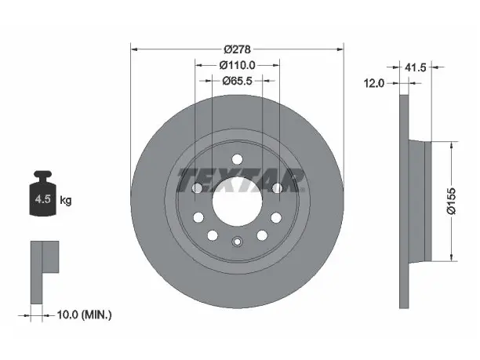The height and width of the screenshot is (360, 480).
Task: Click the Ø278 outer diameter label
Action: tap(237, 49)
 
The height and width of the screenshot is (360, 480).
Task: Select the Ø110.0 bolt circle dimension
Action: tap(237, 65)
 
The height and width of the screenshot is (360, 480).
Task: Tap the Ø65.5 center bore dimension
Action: tap(237, 81)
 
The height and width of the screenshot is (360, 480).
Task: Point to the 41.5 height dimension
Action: tap(415, 67)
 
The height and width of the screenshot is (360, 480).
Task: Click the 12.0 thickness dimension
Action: tap(373, 83)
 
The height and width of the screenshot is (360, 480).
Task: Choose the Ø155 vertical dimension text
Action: tap(451, 201)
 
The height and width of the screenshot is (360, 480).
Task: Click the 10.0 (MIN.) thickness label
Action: tap(84, 315)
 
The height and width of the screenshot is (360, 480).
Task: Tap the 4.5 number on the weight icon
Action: tap(42, 199)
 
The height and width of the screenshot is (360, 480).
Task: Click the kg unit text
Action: tap(66, 201)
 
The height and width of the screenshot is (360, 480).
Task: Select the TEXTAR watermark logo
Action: tap(241, 180)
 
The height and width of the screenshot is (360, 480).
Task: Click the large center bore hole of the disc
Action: tap(237, 202)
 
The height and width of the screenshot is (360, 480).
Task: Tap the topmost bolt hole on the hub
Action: tap(237, 159)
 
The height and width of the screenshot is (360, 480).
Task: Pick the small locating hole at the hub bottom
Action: tap(237, 242)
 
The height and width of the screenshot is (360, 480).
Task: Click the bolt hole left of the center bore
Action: tap(197, 187)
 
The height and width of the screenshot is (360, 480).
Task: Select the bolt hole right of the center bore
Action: tap(277, 187)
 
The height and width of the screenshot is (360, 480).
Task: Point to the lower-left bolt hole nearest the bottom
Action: tap(212, 235)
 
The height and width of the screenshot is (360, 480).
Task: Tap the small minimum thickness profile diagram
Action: tap(45, 272)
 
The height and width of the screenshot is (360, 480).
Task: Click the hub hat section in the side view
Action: tap(420, 201)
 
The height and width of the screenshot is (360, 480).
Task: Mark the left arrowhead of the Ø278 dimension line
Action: tap(134, 49)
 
